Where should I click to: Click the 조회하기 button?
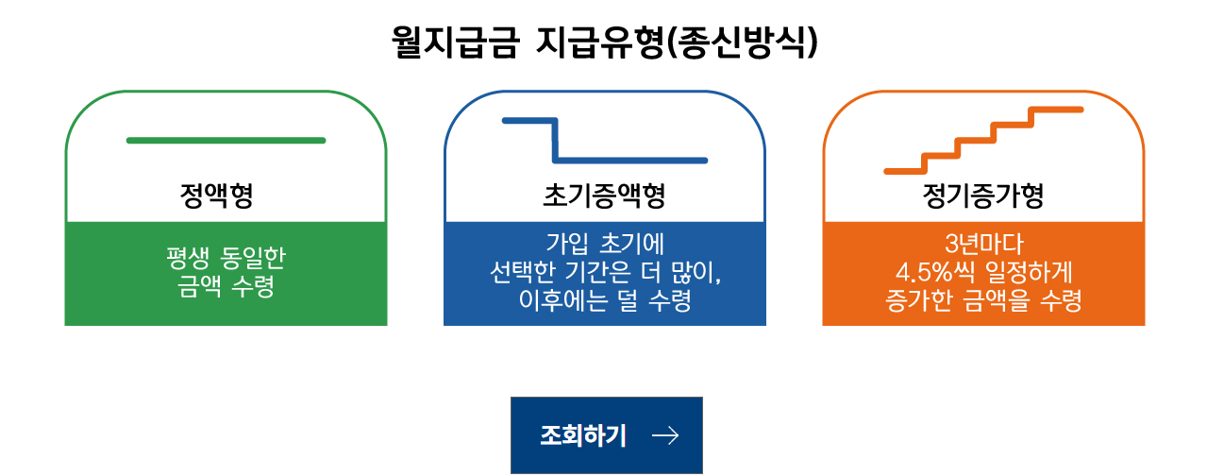click(x=606, y=434)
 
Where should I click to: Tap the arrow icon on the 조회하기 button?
click(x=665, y=434)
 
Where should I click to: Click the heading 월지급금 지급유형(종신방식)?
click(x=604, y=43)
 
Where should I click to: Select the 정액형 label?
click(x=216, y=196)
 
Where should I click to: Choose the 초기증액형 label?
click(x=604, y=196)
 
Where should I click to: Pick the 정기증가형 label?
click(x=982, y=196)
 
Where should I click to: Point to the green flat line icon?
click(x=226, y=141)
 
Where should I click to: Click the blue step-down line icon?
click(x=604, y=141)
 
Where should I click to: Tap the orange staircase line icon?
click(x=982, y=141)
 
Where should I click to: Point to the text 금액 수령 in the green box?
click(x=226, y=286)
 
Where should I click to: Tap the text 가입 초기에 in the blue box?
click(x=604, y=243)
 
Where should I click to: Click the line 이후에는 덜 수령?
click(x=604, y=302)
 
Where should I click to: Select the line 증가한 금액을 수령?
click(x=982, y=302)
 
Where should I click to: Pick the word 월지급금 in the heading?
click(x=455, y=43)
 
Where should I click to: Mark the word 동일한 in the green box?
click(x=252, y=258)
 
